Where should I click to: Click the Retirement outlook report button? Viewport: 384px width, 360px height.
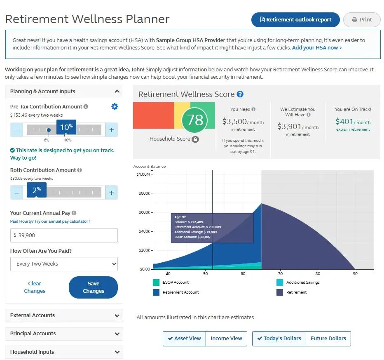295,20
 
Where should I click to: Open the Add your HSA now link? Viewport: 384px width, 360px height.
316,48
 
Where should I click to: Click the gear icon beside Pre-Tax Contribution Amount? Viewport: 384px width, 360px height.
115,107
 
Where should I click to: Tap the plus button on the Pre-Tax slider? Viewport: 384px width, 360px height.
111,130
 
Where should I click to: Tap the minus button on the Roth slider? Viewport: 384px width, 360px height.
16,193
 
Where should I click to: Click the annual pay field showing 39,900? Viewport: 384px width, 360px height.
64,235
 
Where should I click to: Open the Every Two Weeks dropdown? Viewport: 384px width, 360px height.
64,264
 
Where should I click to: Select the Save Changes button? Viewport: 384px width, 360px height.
93,287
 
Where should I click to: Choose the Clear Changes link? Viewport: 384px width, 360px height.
35,287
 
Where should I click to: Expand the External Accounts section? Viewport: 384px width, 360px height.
64,315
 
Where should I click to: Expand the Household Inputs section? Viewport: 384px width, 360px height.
64,352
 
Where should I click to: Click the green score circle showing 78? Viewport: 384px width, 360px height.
195,120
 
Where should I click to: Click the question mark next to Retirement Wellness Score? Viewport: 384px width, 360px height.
240,94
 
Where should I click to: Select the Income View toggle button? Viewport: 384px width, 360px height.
226,339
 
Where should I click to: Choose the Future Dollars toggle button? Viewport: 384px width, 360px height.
328,339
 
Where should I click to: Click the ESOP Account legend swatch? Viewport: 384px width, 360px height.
156,282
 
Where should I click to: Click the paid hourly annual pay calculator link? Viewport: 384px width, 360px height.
50,221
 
